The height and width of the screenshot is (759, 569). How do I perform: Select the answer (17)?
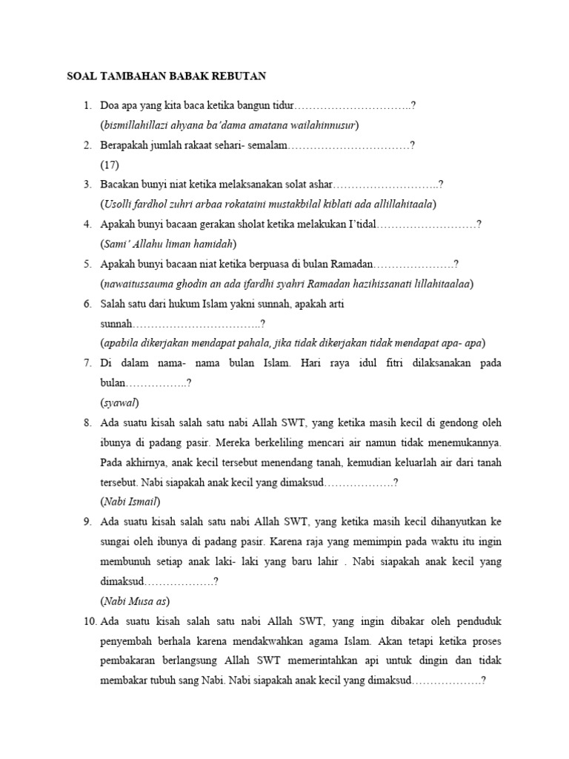coord(110,165)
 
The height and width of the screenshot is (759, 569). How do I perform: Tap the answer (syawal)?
coord(119,402)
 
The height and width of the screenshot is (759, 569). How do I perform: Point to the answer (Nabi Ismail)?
coord(130,502)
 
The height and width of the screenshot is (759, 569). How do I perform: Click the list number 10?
coord(89,621)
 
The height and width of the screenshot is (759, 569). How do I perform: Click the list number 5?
coord(87,264)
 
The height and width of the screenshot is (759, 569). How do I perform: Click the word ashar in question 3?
coord(319,185)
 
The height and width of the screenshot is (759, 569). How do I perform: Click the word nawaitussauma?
coord(139,283)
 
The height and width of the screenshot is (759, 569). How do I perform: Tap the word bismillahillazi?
coord(136,125)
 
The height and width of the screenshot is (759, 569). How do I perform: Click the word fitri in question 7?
coord(365,363)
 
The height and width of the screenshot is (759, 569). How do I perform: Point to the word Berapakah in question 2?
coord(127,145)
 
